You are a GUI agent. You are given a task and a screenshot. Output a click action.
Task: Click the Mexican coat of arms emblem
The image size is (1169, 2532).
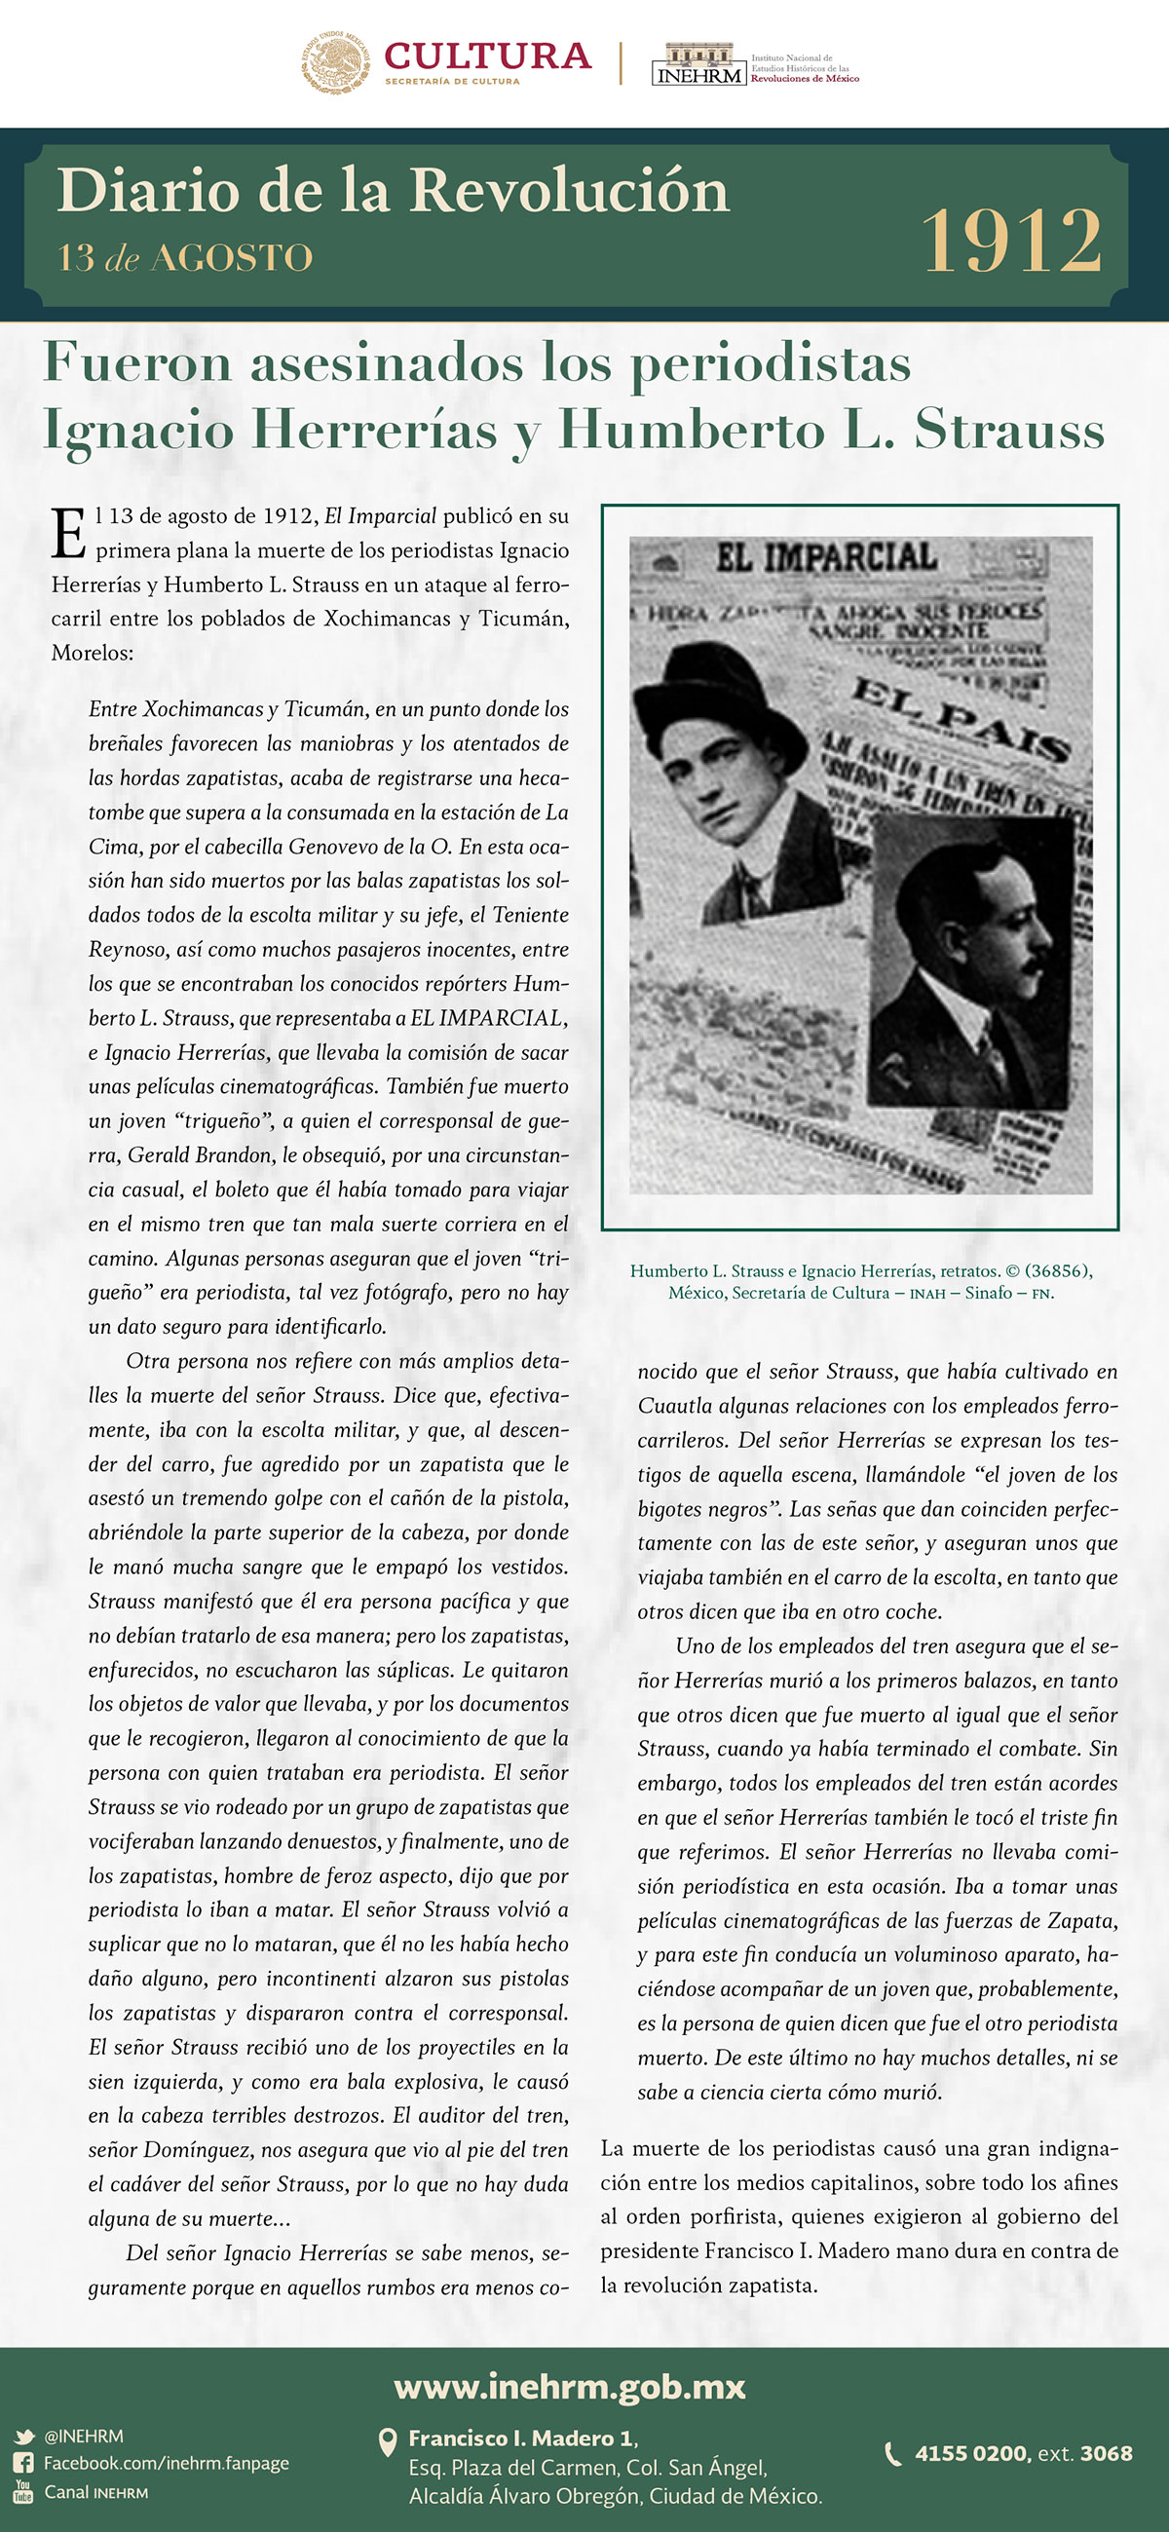point(336,62)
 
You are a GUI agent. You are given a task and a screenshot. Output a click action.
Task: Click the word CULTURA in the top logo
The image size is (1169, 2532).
point(488,57)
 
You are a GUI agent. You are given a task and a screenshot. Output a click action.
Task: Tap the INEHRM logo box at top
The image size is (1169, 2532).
point(698,65)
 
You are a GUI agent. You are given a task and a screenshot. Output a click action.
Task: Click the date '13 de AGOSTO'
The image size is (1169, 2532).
point(185,258)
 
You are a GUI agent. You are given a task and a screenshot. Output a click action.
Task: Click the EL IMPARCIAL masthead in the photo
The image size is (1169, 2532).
point(826,558)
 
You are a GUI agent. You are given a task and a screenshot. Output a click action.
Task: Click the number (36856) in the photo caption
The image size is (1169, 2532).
point(1058,1271)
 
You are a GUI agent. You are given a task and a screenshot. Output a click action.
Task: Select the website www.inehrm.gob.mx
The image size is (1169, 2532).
point(569,2386)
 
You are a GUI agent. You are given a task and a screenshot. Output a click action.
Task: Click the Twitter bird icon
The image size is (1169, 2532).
point(23,2437)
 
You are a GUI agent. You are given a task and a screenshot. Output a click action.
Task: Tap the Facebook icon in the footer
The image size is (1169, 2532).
point(23,2463)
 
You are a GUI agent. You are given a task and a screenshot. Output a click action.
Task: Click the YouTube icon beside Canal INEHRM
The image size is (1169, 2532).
point(23,2492)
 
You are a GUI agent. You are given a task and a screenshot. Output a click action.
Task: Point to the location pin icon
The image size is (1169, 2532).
point(389,2441)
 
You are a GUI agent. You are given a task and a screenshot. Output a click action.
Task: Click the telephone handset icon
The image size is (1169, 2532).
point(892,2454)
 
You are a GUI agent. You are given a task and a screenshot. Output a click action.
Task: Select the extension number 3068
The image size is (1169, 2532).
point(1106,2453)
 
